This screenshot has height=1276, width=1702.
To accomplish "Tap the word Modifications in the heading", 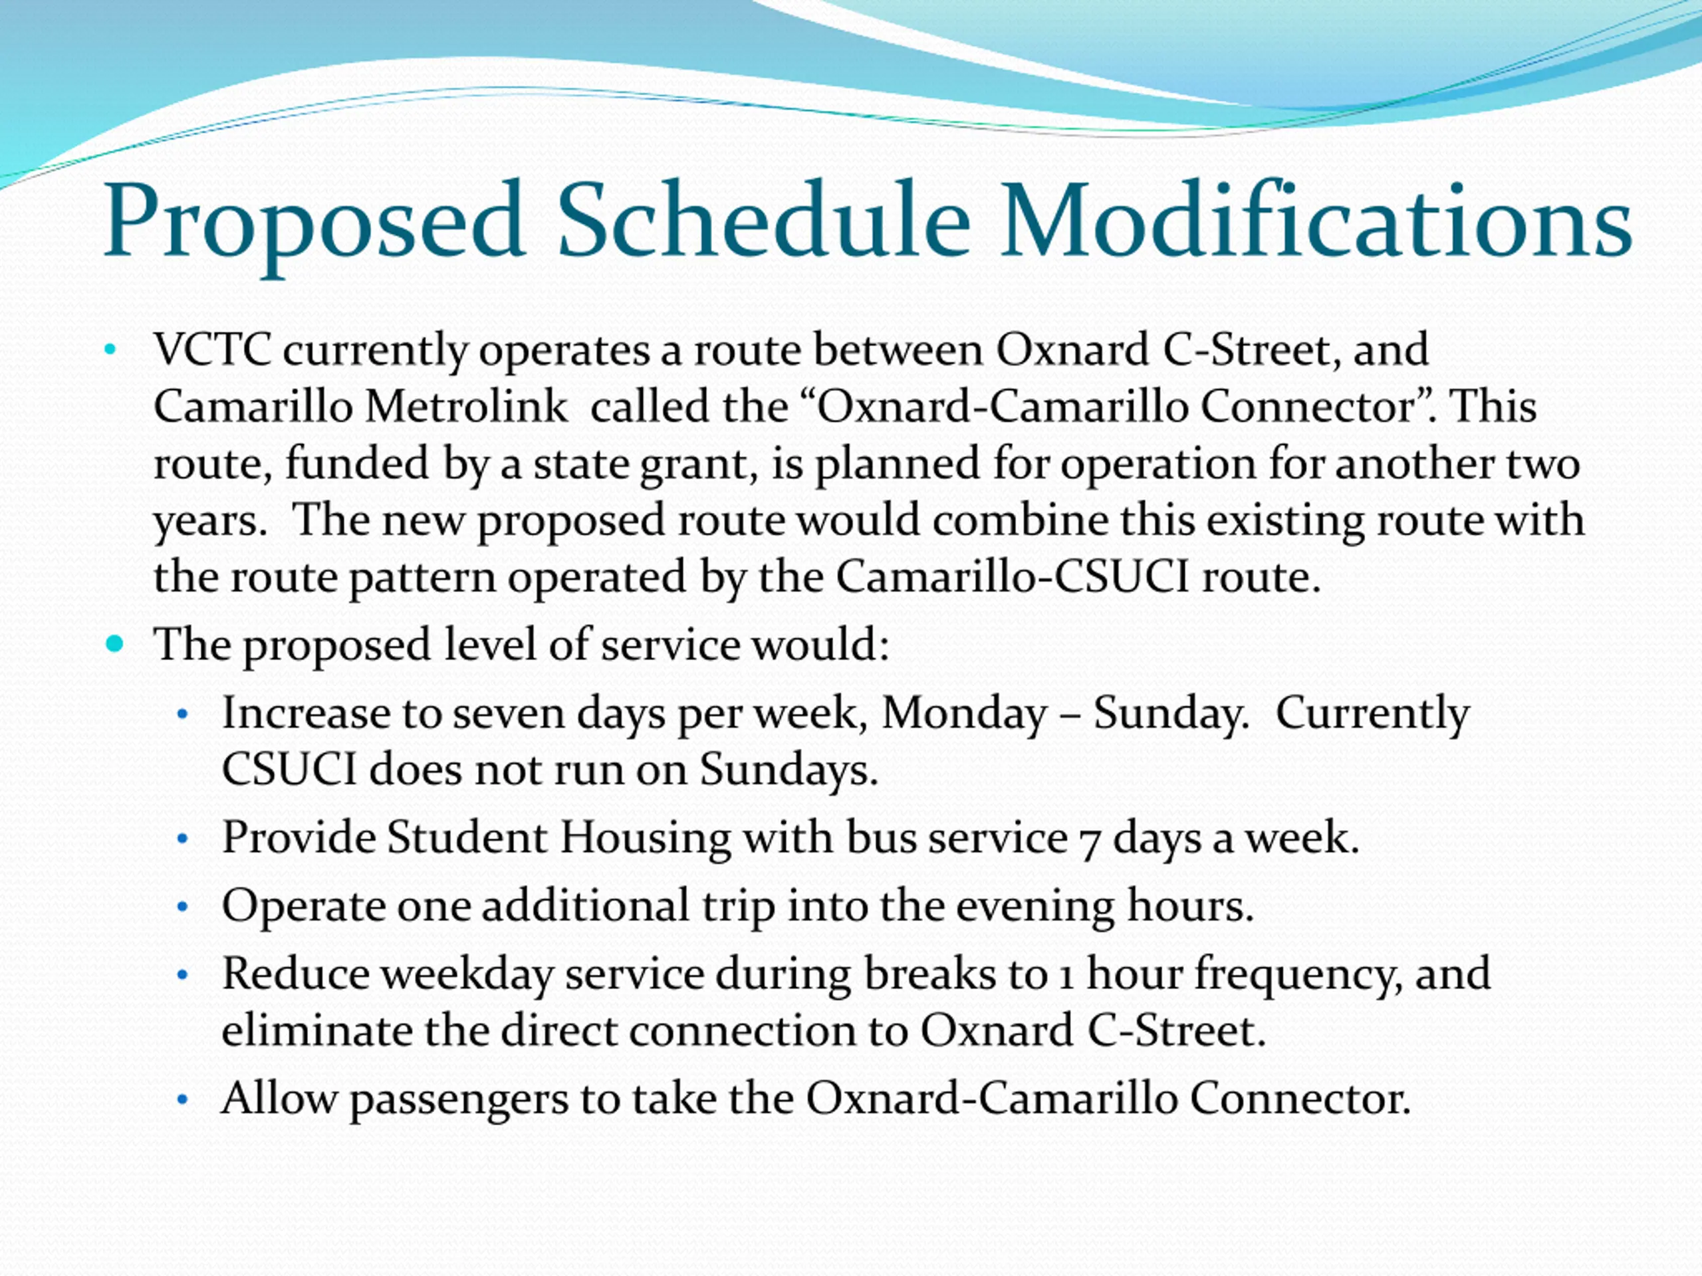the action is click(1315, 219).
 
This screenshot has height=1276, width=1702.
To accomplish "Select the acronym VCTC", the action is click(211, 350).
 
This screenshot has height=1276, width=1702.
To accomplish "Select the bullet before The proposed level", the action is click(114, 644).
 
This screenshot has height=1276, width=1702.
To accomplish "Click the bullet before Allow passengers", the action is click(182, 1100).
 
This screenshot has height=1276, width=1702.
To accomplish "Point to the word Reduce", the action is click(295, 974).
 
